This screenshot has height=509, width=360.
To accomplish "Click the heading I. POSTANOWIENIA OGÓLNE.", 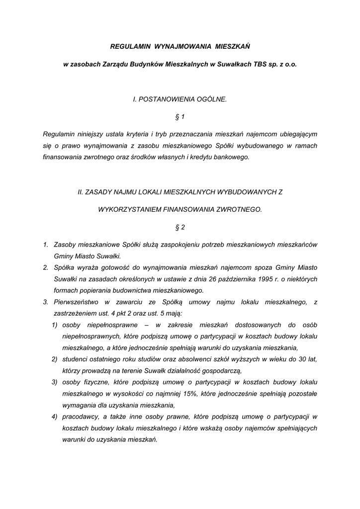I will [x=180, y=99].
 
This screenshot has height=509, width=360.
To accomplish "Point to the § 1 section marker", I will [x=180, y=117].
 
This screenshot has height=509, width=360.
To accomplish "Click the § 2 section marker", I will [x=180, y=227].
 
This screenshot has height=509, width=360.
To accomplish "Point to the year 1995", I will [x=264, y=279].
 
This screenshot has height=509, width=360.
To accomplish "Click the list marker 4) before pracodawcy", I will [x=55, y=416].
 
